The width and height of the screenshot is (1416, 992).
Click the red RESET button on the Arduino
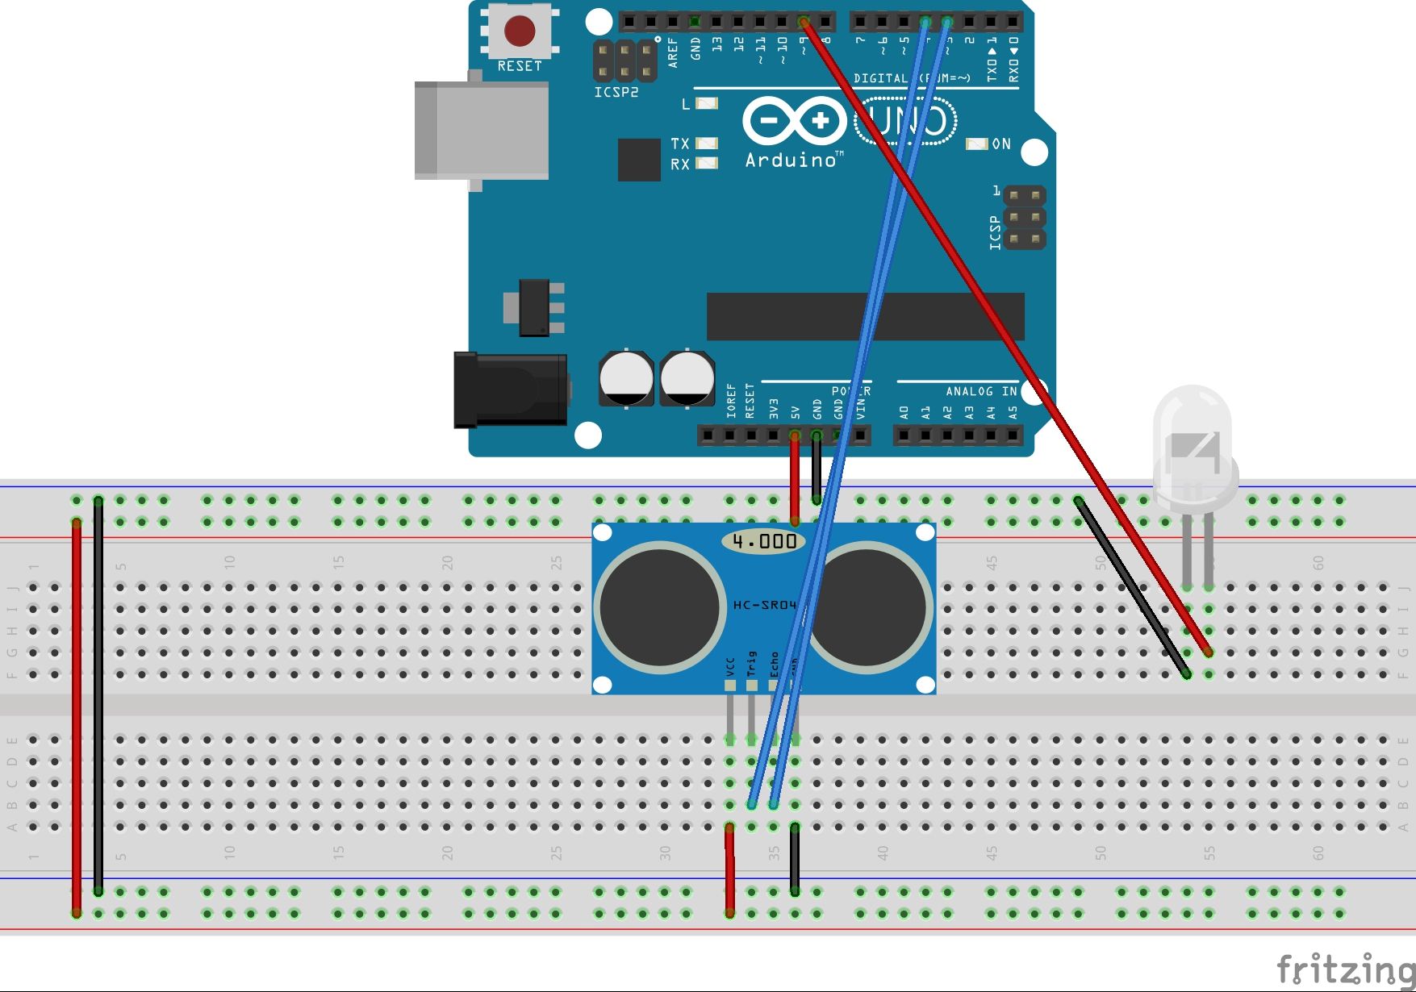(520, 31)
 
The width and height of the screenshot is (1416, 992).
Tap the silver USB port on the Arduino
(481, 130)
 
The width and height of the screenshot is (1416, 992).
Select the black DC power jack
(510, 390)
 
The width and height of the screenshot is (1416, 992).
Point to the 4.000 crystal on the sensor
(764, 541)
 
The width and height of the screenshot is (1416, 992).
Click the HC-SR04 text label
(764, 605)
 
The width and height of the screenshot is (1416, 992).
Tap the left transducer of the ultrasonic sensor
(660, 606)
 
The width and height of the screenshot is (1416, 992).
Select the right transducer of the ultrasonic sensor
(868, 606)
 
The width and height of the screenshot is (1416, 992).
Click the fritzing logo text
(1345, 968)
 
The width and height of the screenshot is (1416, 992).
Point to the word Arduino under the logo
(791, 160)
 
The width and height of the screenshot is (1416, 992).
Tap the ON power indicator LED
(977, 144)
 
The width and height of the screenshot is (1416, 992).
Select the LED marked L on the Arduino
(707, 103)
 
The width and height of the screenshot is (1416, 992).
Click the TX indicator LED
(707, 144)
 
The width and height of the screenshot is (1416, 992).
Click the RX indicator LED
(707, 164)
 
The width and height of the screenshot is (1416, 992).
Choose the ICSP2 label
(616, 93)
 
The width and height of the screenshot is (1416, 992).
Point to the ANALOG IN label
(981, 391)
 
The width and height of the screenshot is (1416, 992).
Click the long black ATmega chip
(865, 316)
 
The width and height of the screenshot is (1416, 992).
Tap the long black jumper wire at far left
(98, 694)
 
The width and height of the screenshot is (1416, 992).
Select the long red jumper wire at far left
(77, 718)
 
